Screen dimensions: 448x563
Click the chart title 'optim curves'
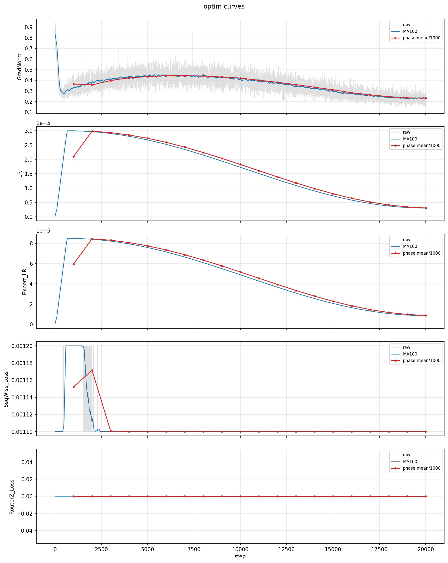coord(224,7)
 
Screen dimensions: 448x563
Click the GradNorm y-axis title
coord(20,67)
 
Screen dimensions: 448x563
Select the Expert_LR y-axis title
coord(25,282)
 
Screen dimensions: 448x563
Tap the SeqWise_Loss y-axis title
coord(6,389)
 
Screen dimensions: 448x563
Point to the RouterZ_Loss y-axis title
coord(12,497)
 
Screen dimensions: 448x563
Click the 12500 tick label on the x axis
coord(287,549)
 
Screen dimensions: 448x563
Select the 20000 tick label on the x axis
coord(425,549)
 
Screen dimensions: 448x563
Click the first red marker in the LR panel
coord(74,157)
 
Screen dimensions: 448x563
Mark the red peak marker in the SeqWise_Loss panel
coord(92,371)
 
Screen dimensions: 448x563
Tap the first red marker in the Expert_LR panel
coord(74,264)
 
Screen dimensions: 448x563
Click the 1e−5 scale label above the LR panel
coord(43,123)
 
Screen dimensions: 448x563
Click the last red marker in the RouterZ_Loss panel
coord(426,497)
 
